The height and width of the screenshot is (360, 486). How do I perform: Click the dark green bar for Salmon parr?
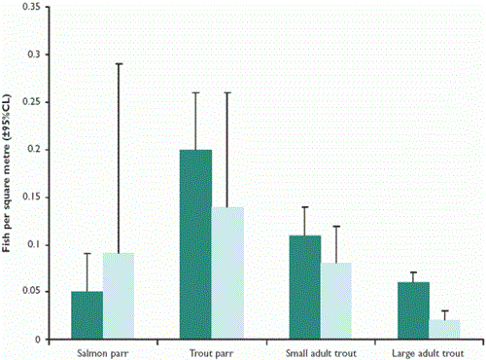87,316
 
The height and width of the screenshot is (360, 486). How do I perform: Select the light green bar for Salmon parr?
119,297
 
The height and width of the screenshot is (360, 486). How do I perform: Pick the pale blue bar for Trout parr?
227,273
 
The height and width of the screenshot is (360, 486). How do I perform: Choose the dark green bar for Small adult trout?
305,288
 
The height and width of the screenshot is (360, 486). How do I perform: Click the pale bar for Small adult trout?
336,303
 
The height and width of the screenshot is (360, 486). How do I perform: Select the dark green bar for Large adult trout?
413,311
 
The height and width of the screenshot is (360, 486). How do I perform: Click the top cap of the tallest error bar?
119,64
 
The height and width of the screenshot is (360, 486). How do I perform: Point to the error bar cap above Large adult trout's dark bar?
413,272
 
